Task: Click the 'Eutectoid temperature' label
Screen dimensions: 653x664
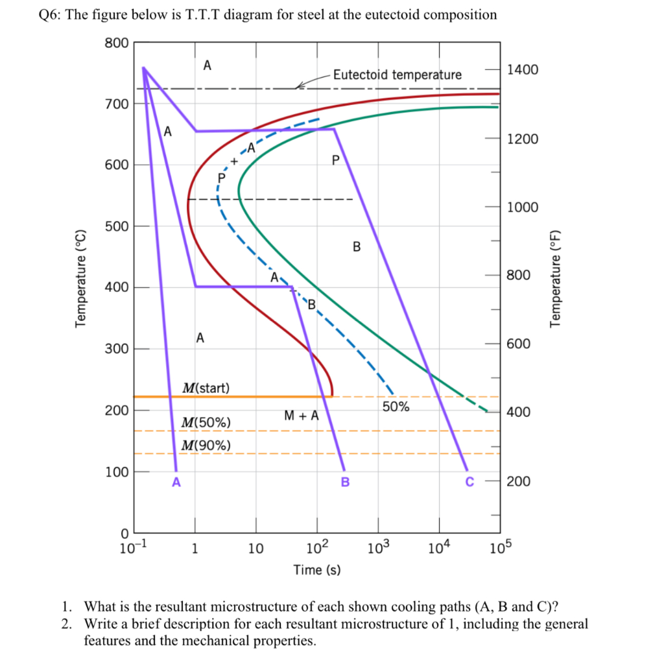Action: (397, 75)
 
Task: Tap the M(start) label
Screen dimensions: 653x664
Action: (206, 388)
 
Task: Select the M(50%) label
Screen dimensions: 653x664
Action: (206, 423)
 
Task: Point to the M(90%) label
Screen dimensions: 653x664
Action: (206, 445)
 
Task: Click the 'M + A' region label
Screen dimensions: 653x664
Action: (302, 415)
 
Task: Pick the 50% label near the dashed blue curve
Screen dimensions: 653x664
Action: (396, 407)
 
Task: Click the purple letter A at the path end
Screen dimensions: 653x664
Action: (176, 482)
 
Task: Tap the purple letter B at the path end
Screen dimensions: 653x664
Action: (345, 482)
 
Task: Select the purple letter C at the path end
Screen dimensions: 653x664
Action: (469, 482)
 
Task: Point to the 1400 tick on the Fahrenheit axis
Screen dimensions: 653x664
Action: (523, 70)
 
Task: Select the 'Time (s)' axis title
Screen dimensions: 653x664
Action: (316, 570)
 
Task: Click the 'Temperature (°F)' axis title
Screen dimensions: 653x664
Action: (555, 279)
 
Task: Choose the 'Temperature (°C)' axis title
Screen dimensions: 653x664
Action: (80, 279)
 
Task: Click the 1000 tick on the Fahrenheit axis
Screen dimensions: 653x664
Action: (523, 208)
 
